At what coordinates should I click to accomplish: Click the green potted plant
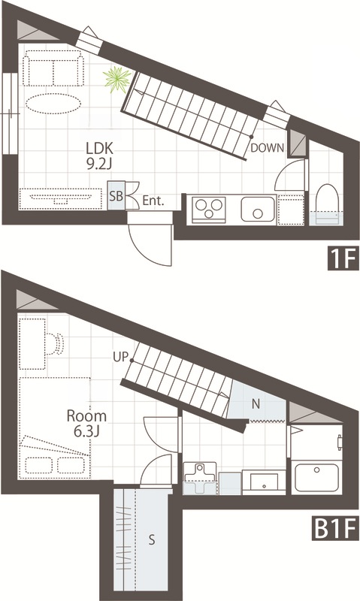pyautogui.click(x=117, y=80)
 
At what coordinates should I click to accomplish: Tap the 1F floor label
pyautogui.click(x=343, y=258)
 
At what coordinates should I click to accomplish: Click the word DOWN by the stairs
pyautogui.click(x=268, y=147)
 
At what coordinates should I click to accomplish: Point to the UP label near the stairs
pyautogui.click(x=120, y=358)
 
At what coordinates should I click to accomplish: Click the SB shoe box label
pyautogui.click(x=116, y=196)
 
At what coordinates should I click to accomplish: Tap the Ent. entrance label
pyautogui.click(x=153, y=201)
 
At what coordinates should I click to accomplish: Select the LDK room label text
pyautogui.click(x=99, y=148)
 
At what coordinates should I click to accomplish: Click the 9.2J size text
pyautogui.click(x=99, y=164)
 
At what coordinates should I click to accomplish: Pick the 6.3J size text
pyautogui.click(x=86, y=431)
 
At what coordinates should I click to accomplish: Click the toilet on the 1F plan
pyautogui.click(x=327, y=205)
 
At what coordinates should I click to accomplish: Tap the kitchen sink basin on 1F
pyautogui.click(x=258, y=210)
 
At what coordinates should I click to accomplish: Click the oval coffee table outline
pyautogui.click(x=53, y=102)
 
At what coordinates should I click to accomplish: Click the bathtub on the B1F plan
pyautogui.click(x=316, y=477)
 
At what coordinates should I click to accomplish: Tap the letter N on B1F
pyautogui.click(x=256, y=403)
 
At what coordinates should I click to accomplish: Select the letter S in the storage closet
pyautogui.click(x=152, y=539)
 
